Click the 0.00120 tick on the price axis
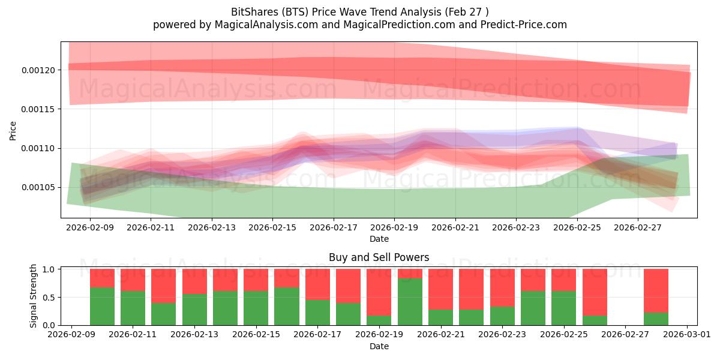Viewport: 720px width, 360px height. pyautogui.click(x=38, y=70)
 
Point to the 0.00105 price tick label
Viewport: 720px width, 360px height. pyautogui.click(x=38, y=187)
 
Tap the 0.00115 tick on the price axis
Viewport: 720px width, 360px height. pyautogui.click(x=38, y=109)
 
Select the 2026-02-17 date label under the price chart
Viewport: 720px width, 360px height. pyautogui.click(x=334, y=227)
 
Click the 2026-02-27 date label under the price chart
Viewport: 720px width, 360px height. pyautogui.click(x=638, y=227)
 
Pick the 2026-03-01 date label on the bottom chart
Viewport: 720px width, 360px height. pyautogui.click(x=687, y=335)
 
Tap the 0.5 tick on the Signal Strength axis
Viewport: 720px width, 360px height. pyautogui.click(x=49, y=298)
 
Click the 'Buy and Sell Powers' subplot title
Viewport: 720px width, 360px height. pyautogui.click(x=379, y=257)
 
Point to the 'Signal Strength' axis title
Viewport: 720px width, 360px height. pyautogui.click(x=33, y=296)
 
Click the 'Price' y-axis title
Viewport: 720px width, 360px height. pyautogui.click(x=13, y=131)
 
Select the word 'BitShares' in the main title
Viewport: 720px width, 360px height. pyautogui.click(x=255, y=12)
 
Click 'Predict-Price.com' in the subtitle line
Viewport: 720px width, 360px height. pyautogui.click(x=524, y=25)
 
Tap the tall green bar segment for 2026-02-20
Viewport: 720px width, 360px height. pyautogui.click(x=410, y=302)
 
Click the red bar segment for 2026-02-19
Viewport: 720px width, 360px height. pyautogui.click(x=379, y=292)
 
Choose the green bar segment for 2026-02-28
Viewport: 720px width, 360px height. pyautogui.click(x=656, y=319)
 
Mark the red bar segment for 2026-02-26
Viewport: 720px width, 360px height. pyautogui.click(x=595, y=292)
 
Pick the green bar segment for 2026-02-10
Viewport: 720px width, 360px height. pyautogui.click(x=102, y=307)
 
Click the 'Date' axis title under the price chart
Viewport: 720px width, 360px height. pyautogui.click(x=379, y=239)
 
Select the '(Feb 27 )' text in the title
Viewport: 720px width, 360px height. pyautogui.click(x=467, y=12)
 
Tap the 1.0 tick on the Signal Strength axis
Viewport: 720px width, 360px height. pyautogui.click(x=49, y=269)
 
